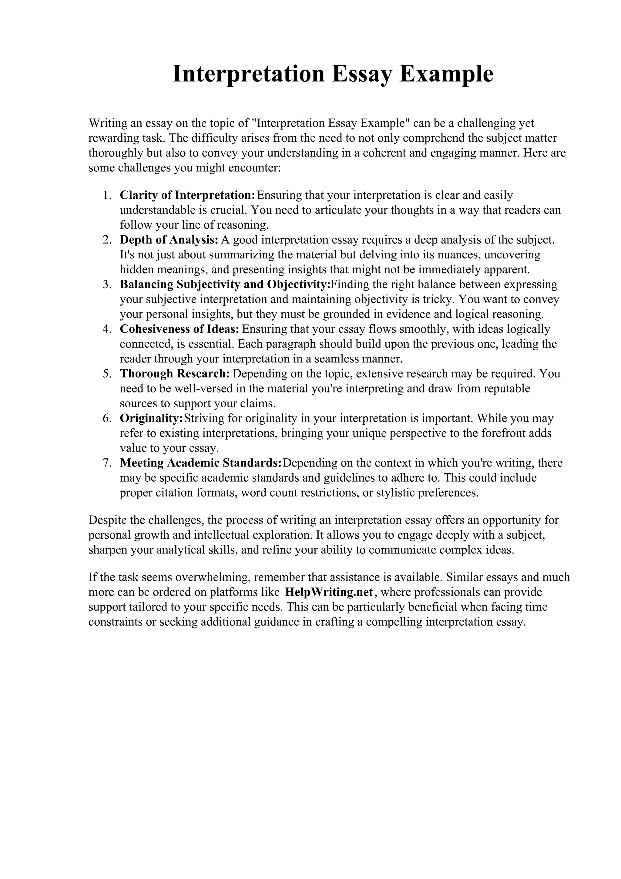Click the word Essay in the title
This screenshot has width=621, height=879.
362,74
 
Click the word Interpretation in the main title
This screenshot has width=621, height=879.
248,74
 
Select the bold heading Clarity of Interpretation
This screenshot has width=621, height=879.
187,195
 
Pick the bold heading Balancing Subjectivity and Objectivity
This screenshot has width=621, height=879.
225,285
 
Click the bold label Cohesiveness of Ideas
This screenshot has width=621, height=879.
180,329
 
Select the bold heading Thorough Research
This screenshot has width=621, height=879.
174,374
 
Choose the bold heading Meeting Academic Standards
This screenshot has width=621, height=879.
200,463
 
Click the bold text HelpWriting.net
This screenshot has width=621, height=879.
329,592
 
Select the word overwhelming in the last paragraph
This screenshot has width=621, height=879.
213,577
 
